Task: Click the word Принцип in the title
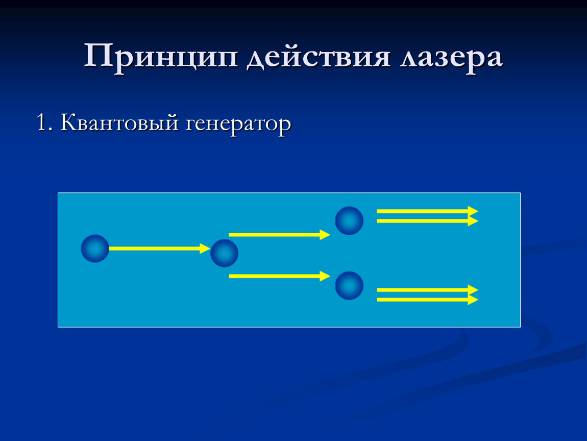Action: click(x=161, y=57)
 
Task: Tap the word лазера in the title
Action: click(x=451, y=58)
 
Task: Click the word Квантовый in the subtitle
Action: click(x=119, y=122)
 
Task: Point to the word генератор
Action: click(x=238, y=125)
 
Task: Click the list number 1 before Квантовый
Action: click(x=43, y=122)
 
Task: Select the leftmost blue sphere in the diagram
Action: click(x=95, y=249)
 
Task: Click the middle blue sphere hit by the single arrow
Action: click(x=224, y=253)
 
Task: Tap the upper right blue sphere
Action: click(x=349, y=221)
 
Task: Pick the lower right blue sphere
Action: click(x=349, y=286)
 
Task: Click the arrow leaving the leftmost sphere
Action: click(x=159, y=249)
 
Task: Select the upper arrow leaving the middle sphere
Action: click(x=279, y=235)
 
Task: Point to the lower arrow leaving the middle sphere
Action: click(x=279, y=276)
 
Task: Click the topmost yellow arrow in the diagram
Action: click(x=428, y=211)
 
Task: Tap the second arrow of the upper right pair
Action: click(x=428, y=221)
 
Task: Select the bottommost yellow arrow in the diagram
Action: click(x=428, y=300)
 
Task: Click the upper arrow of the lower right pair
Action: click(x=428, y=290)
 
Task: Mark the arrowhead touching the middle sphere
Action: click(x=205, y=249)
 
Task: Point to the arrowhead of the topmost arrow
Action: click(x=473, y=211)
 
